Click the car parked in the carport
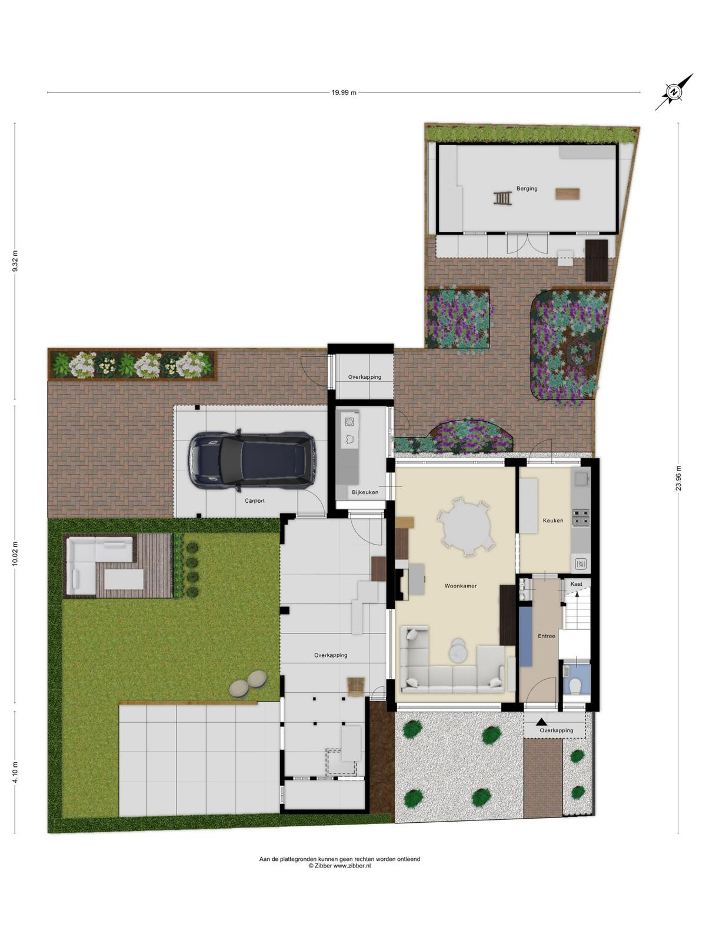click(x=252, y=461)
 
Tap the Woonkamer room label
click(x=461, y=586)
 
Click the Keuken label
click(x=553, y=520)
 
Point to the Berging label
click(x=527, y=188)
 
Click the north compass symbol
click(x=674, y=92)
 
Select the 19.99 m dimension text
click(x=344, y=92)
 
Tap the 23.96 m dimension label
click(x=678, y=478)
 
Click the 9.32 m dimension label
click(x=15, y=261)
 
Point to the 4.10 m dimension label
click(x=15, y=772)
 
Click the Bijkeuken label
click(x=365, y=492)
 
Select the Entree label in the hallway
click(x=547, y=636)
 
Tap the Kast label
click(x=576, y=584)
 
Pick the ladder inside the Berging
click(x=502, y=198)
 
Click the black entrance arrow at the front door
click(x=541, y=723)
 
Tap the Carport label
click(x=255, y=500)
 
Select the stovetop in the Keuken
click(x=581, y=517)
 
